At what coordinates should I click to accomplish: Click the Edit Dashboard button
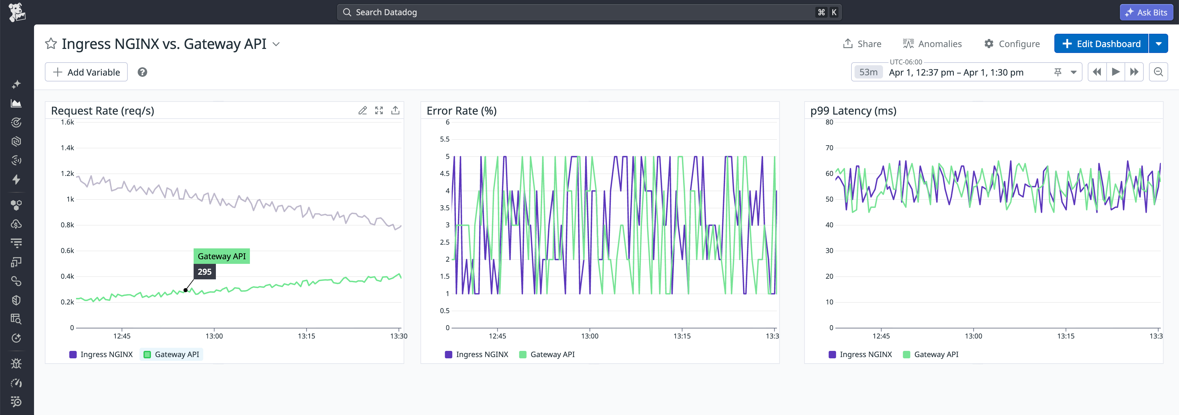click(x=1101, y=44)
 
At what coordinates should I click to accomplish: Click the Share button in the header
click(x=862, y=44)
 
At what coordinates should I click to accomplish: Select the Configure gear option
click(x=1012, y=44)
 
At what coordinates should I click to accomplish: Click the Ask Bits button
click(x=1147, y=12)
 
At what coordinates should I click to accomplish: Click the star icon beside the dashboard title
click(x=51, y=44)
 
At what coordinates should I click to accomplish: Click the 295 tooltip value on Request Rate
click(x=204, y=272)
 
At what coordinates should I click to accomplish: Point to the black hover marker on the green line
click(x=185, y=290)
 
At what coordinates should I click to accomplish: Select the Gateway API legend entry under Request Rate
click(x=172, y=355)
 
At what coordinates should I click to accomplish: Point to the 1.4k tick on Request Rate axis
click(x=67, y=148)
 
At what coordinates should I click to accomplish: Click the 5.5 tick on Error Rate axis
click(x=444, y=139)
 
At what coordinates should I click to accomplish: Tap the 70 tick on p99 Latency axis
click(x=829, y=148)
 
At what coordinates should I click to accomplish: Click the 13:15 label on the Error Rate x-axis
click(x=681, y=336)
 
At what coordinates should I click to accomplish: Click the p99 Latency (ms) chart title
click(x=853, y=111)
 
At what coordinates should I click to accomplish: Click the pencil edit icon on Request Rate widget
click(x=362, y=110)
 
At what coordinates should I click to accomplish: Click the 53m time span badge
click(x=868, y=72)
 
